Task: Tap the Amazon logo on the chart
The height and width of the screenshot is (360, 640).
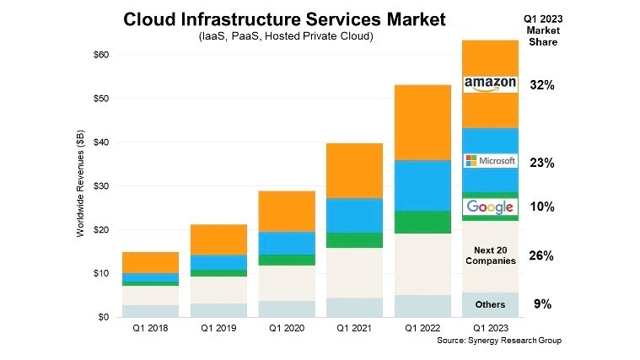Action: [x=490, y=83]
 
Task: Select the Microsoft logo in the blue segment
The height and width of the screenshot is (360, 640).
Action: [x=490, y=160]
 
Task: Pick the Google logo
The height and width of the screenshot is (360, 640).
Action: [x=490, y=207]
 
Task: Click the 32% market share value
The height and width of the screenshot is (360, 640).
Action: [x=542, y=85]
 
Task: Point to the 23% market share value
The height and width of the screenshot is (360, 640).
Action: [x=542, y=164]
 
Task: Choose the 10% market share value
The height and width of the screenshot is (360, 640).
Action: [x=542, y=207]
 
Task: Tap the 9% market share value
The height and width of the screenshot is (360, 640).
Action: [x=542, y=304]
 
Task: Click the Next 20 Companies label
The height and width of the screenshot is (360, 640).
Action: [x=490, y=255]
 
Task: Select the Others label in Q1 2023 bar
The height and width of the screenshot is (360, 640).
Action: [x=490, y=304]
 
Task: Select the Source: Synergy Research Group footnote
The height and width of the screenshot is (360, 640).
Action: [x=497, y=341]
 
